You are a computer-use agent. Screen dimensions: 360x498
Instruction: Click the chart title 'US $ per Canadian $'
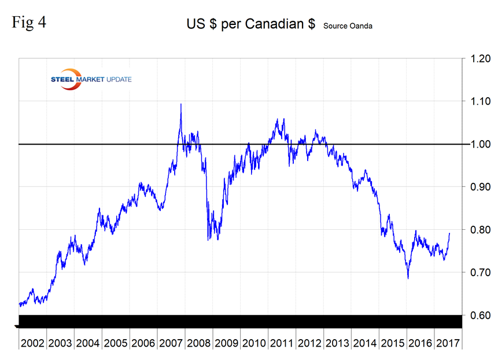tap(252, 25)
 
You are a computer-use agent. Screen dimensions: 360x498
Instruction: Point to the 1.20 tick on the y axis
tap(476, 58)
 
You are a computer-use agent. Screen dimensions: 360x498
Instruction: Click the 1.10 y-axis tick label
tap(476, 101)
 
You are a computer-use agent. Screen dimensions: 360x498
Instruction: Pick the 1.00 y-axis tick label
tap(476, 144)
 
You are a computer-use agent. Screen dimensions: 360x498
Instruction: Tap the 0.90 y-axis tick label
tap(476, 187)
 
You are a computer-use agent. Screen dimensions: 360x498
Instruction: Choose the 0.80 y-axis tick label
tap(476, 230)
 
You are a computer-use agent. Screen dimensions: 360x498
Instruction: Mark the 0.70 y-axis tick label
tap(476, 273)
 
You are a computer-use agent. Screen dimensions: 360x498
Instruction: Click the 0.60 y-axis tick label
tap(476, 315)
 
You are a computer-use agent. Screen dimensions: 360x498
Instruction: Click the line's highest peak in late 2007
tap(181, 104)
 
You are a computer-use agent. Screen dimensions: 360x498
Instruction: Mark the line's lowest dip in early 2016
tap(408, 278)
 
